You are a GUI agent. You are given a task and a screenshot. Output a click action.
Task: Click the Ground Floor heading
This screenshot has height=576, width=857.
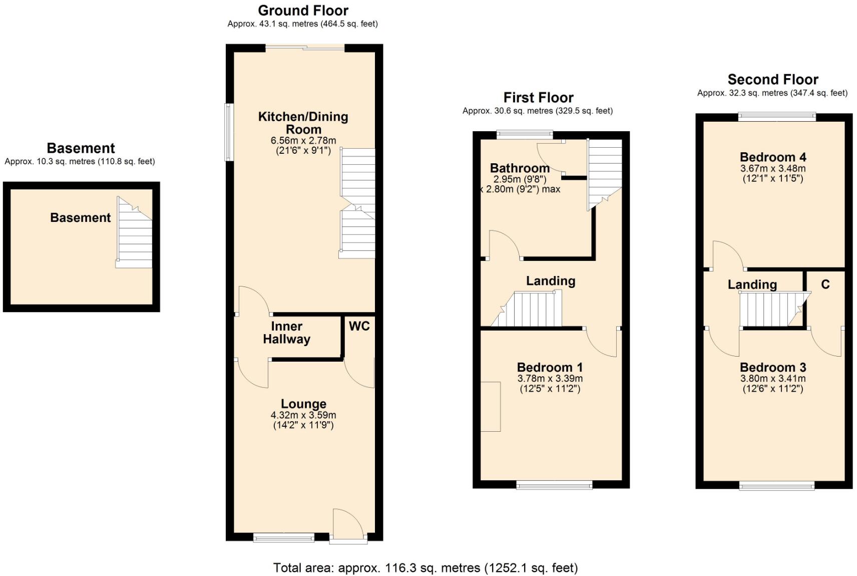click(x=303, y=11)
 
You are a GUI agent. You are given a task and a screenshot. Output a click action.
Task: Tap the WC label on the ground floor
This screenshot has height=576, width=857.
click(x=359, y=326)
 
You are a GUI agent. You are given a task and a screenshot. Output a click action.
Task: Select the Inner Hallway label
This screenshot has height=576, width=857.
click(x=286, y=333)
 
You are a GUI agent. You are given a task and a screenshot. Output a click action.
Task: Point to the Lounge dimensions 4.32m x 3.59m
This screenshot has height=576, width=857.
click(x=303, y=415)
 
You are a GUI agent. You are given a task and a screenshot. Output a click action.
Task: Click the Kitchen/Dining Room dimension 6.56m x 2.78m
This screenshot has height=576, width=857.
click(x=303, y=140)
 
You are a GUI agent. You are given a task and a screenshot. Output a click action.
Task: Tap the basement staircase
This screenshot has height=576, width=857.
click(x=134, y=232)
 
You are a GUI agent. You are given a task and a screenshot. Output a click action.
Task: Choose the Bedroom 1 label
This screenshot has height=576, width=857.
click(x=550, y=368)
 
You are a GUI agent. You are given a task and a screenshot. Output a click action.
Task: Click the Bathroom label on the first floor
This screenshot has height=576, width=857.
click(x=520, y=168)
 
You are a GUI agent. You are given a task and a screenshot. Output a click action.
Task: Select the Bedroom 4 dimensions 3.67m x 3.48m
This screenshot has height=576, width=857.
click(x=773, y=168)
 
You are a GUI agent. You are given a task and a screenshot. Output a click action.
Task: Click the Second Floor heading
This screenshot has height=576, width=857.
click(x=773, y=80)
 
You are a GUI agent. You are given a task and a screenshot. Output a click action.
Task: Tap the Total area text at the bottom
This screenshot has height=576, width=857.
click(x=425, y=567)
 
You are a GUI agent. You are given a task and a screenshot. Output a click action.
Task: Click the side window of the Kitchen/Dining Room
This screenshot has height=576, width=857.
click(x=229, y=132)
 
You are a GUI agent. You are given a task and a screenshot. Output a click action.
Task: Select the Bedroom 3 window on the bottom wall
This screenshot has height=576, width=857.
click(x=777, y=486)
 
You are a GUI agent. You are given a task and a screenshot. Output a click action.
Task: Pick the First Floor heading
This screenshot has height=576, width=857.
click(x=538, y=98)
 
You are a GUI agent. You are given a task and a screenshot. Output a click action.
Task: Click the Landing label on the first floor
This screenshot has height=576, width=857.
click(x=551, y=281)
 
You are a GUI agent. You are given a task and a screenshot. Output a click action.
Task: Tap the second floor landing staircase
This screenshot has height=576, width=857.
click(x=775, y=309)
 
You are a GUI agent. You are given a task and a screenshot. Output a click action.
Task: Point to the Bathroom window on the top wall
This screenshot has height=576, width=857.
click(x=525, y=134)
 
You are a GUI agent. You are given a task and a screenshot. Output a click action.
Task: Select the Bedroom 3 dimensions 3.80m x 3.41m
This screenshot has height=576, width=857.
click(x=773, y=379)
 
